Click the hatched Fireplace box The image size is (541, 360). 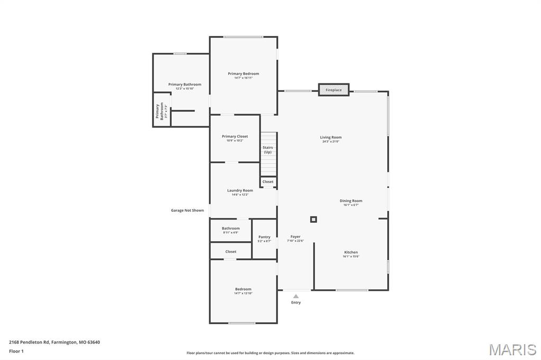pos(333,90)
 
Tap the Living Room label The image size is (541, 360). pos(331,137)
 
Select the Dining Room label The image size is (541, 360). pos(351,201)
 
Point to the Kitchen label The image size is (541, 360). pos(351,252)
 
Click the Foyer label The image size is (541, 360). pos(295,236)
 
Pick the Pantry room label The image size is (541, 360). pos(264,237)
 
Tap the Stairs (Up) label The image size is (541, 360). pos(268,150)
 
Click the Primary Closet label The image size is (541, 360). pos(235,136)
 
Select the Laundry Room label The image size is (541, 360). pos(240,190)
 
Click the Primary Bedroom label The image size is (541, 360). pos(244,73)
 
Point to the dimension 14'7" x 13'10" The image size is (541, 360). pos(243,293)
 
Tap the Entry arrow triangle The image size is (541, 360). pos(296,296)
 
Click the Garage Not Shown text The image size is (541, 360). pos(187,210)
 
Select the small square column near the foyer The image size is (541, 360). pos(313,219)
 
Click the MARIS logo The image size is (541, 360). pos(512,349)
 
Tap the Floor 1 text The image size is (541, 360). pos(16,350)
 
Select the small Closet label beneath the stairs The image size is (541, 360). pos(268,182)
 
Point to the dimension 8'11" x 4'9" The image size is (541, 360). pos(230,232)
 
